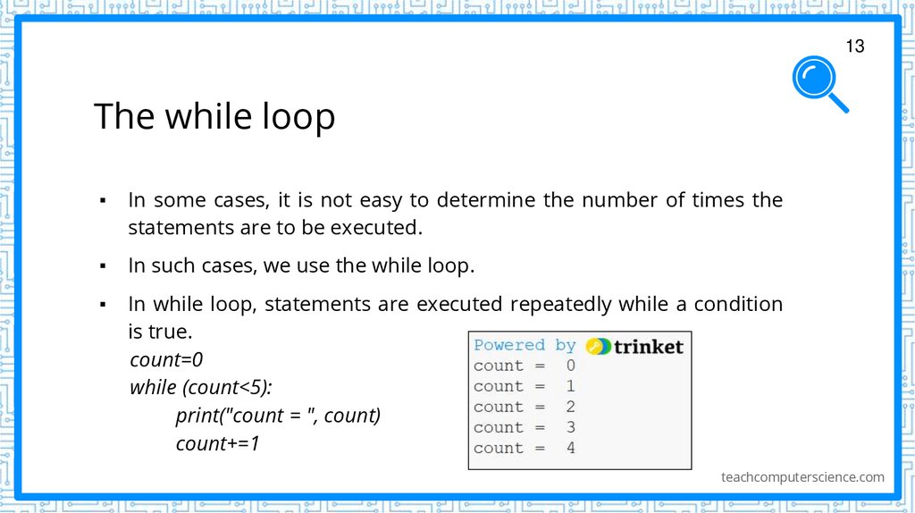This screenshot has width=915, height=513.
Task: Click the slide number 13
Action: tap(855, 46)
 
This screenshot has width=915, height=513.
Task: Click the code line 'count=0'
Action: tap(166, 360)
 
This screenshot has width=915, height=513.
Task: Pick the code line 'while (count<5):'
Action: tap(200, 388)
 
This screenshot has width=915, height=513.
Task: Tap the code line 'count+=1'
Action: tap(217, 443)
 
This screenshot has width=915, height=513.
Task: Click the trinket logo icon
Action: tap(599, 346)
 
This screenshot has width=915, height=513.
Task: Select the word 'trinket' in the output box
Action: tap(648, 346)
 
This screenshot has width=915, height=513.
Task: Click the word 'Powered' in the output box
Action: tap(508, 345)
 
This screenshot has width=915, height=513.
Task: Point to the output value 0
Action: tap(571, 366)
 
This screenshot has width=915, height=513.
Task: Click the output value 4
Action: tap(571, 448)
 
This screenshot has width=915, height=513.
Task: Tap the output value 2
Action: tap(571, 407)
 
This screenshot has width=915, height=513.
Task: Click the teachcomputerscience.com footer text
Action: tap(802, 477)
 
